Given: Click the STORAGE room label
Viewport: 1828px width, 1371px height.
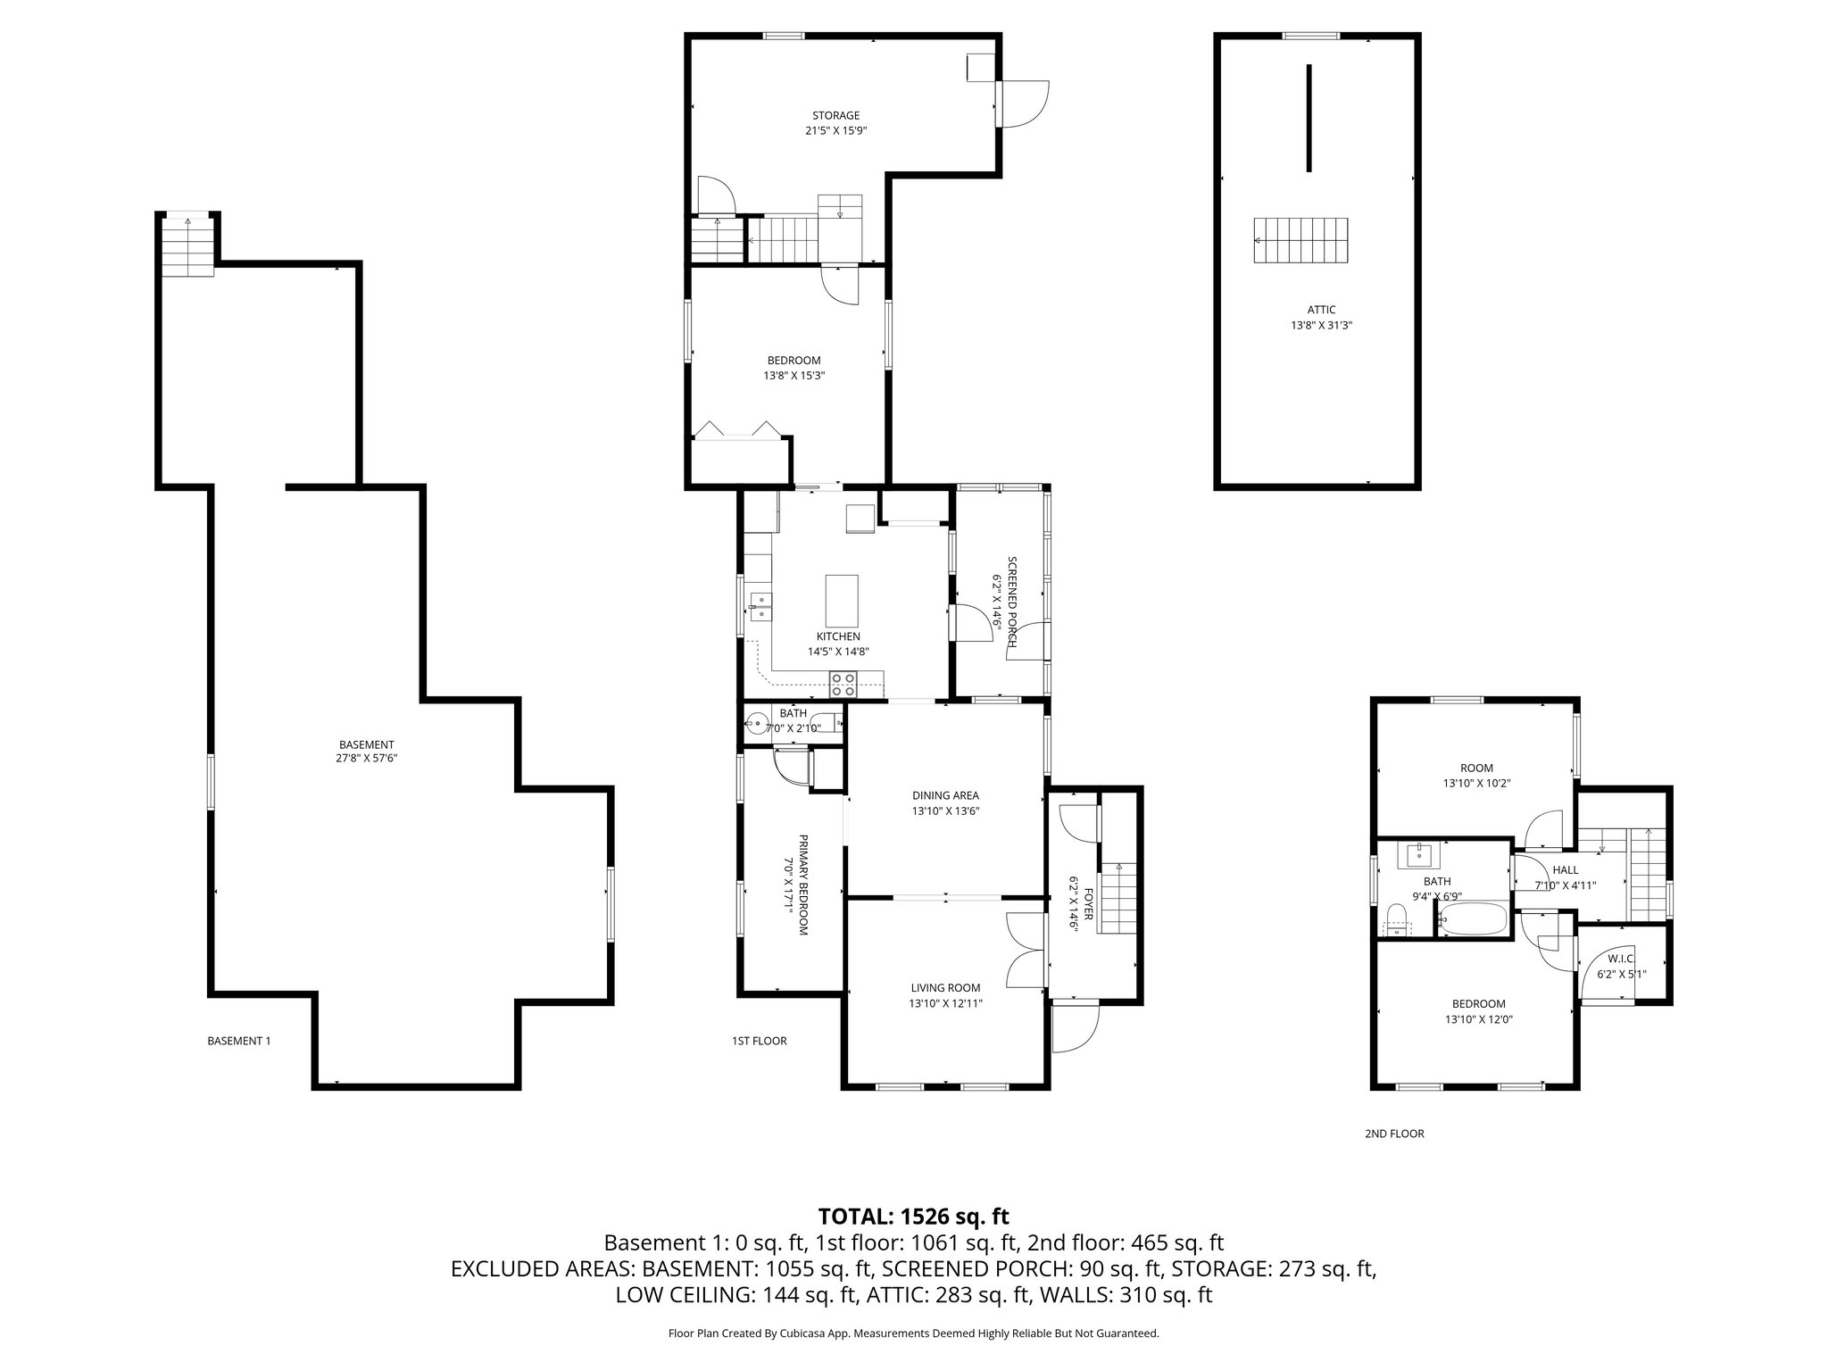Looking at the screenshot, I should pyautogui.click(x=835, y=115).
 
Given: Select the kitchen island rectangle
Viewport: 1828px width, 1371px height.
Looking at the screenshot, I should pyautogui.click(x=843, y=601).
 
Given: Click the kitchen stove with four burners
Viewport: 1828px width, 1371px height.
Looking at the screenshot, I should pyautogui.click(x=843, y=685).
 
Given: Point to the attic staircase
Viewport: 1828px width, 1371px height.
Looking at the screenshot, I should pyautogui.click(x=1300, y=240).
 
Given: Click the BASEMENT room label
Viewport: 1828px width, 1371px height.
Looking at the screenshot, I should pyautogui.click(x=366, y=744).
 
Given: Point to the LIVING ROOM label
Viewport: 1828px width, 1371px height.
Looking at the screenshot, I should pyautogui.click(x=945, y=987).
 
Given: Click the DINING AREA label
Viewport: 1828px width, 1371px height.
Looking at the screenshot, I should pyautogui.click(x=945, y=795).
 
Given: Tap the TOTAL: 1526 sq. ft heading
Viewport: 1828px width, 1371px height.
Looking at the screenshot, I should pyautogui.click(x=913, y=1216).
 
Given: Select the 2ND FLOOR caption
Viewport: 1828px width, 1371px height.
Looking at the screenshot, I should pyautogui.click(x=1393, y=1134).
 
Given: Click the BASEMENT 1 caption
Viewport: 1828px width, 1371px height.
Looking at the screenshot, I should pyautogui.click(x=238, y=1041).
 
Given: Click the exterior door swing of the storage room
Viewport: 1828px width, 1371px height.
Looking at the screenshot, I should pyautogui.click(x=1026, y=103).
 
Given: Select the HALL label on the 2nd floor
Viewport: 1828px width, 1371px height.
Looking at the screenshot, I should pyautogui.click(x=1565, y=870).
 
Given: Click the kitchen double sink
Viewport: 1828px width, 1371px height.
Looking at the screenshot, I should pyautogui.click(x=760, y=606).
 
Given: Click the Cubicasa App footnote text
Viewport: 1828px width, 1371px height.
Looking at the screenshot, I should pyautogui.click(x=913, y=1334).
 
